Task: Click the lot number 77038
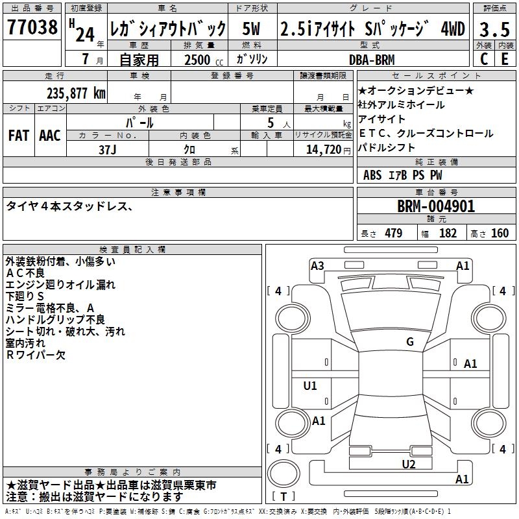tap(32, 29)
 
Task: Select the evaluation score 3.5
tap(493, 29)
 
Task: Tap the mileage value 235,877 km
tap(76, 93)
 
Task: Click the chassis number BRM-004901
tap(436, 207)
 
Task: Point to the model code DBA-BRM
tap(372, 59)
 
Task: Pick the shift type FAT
tap(19, 135)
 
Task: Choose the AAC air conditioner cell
tap(50, 135)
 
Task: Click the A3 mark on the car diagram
tap(317, 265)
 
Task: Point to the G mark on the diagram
tap(410, 342)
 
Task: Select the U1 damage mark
tap(310, 386)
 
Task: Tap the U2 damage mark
tap(408, 464)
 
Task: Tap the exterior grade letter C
tap(483, 59)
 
